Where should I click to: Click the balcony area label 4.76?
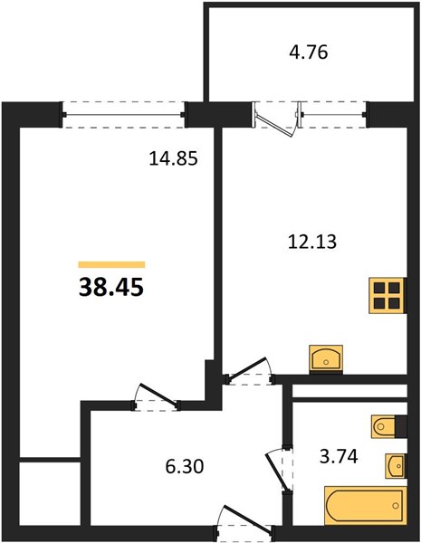click(309, 53)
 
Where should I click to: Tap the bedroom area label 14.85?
click(173, 159)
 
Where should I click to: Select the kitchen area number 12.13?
click(312, 242)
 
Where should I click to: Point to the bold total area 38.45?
click(111, 288)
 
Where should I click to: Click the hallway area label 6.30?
click(185, 466)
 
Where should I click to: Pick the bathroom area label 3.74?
click(339, 456)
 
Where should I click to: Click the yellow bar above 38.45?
click(111, 264)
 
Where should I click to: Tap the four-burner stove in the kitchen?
click(387, 295)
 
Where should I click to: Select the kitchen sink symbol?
click(326, 359)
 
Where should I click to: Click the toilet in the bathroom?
click(384, 425)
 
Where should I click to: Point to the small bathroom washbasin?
click(396, 465)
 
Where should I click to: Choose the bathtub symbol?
click(365, 505)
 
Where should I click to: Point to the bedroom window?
click(124, 115)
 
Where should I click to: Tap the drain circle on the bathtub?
click(396, 506)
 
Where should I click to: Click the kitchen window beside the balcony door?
click(333, 115)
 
